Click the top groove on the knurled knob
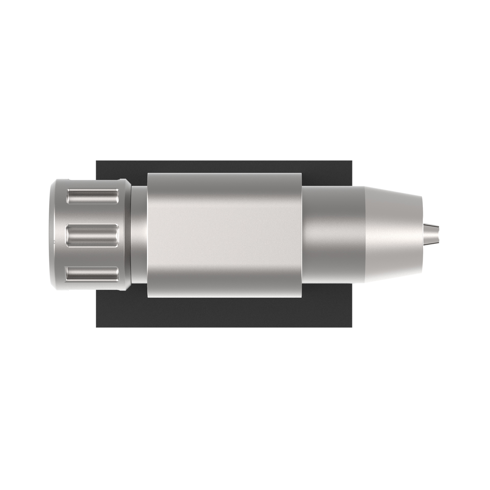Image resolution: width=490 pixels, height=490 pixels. (x=93, y=196)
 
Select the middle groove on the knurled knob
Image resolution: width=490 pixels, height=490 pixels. (x=93, y=235)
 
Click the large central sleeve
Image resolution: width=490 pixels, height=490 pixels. (x=225, y=235)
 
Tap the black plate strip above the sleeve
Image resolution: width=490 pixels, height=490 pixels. (x=225, y=166)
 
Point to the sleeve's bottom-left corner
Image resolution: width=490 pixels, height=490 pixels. (x=148, y=297)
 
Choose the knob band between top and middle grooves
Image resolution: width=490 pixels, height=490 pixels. (x=93, y=216)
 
